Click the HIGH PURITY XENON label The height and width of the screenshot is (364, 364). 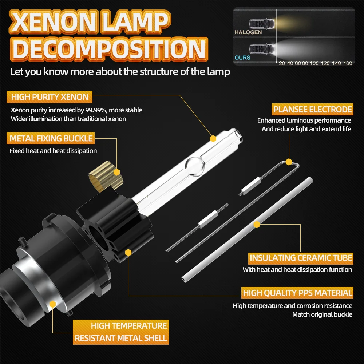pyautogui.click(x=50, y=97)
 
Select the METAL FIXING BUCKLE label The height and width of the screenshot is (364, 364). pyautogui.click(x=51, y=138)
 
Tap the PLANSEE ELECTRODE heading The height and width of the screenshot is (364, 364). pyautogui.click(x=313, y=110)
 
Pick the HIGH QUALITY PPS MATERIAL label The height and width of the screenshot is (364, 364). pyautogui.click(x=297, y=293)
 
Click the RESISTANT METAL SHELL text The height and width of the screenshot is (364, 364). pyautogui.click(x=121, y=338)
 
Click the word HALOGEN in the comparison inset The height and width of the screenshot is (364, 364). pyautogui.click(x=248, y=32)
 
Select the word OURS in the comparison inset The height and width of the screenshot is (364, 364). pyautogui.click(x=242, y=58)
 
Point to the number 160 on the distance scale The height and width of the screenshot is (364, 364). pyautogui.click(x=348, y=63)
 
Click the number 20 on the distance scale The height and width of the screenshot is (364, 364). pyautogui.click(x=282, y=63)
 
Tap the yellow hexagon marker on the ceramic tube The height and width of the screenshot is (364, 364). pyautogui.click(x=257, y=225)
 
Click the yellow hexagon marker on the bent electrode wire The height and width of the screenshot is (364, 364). pyautogui.click(x=289, y=162)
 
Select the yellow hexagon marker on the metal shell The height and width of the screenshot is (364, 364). pyautogui.click(x=52, y=304)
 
